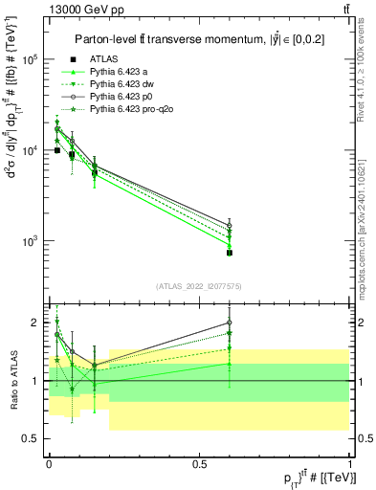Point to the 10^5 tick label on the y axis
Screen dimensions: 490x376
(x=32, y=59)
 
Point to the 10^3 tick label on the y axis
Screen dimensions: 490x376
(x=32, y=241)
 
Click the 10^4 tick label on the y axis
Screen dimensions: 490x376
(x=32, y=150)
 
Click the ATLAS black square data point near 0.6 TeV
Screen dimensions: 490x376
(x=230, y=253)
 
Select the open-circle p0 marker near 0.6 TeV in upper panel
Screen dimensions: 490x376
(x=230, y=226)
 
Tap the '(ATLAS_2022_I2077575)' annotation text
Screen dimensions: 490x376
(x=197, y=286)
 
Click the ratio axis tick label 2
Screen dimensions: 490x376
(x=34, y=323)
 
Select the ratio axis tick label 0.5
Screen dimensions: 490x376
(x=32, y=438)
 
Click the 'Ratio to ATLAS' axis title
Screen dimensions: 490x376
(x=13, y=381)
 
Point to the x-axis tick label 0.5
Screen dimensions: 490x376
(x=199, y=462)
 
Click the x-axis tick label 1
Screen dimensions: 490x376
(x=349, y=462)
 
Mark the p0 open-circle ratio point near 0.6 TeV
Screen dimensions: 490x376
(x=230, y=323)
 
